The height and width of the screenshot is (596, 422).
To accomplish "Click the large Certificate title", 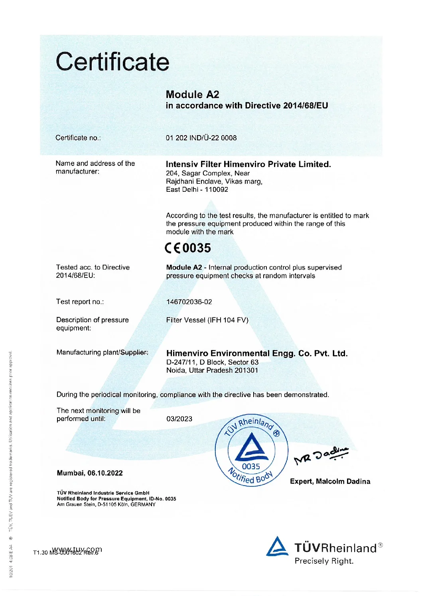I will pyautogui.click(x=112, y=62).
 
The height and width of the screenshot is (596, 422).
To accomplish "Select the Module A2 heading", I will pyautogui.click(x=192, y=94).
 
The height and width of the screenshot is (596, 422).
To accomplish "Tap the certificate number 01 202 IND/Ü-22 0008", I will pyautogui.click(x=201, y=138).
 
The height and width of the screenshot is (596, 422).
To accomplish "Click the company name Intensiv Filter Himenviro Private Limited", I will pyautogui.click(x=248, y=164).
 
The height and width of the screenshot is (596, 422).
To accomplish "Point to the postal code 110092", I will pyautogui.click(x=217, y=189).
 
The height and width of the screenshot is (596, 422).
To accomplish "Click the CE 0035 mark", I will pyautogui.click(x=188, y=248).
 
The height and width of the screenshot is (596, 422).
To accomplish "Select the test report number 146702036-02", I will pyautogui.click(x=189, y=302).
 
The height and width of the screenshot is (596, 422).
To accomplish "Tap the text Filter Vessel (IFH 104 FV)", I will pyautogui.click(x=207, y=320).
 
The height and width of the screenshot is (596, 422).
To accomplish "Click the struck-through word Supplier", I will pyautogui.click(x=134, y=352).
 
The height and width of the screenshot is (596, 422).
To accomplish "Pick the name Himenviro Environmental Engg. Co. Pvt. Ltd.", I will pyautogui.click(x=256, y=353).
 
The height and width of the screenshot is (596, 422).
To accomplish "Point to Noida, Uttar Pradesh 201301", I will pyautogui.click(x=212, y=370).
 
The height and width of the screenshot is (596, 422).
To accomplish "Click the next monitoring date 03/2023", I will pyautogui.click(x=179, y=419).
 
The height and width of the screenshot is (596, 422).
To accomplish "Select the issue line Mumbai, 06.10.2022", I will pyautogui.click(x=90, y=473).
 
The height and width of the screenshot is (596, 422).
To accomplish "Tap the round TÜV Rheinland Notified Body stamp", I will pyautogui.click(x=251, y=450).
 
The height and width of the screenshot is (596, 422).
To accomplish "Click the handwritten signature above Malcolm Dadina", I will pyautogui.click(x=321, y=456).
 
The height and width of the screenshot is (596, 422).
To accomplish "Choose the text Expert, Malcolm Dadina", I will pyautogui.click(x=330, y=481).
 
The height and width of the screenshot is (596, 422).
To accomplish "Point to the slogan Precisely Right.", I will pyautogui.click(x=324, y=561).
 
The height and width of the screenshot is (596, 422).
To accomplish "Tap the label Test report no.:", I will pyautogui.click(x=80, y=302).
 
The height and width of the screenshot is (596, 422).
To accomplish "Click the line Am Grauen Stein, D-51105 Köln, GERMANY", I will pyautogui.click(x=106, y=504).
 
